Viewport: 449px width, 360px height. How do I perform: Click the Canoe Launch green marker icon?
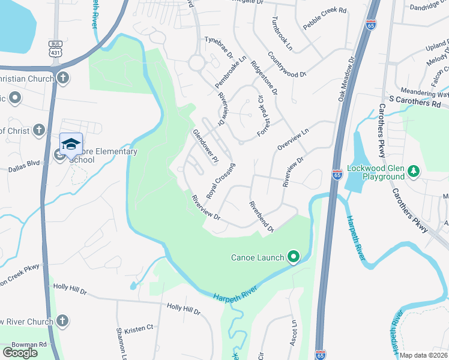click(x=294, y=257)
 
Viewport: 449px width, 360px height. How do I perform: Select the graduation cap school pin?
click(x=71, y=144)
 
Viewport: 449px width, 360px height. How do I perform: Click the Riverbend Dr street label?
click(x=262, y=215)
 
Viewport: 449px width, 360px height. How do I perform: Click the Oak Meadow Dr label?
click(x=346, y=80)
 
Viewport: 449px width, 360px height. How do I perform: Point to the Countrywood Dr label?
click(x=287, y=64)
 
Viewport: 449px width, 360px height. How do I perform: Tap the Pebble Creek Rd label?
click(x=325, y=11)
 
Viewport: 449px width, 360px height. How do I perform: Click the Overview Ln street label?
click(x=292, y=139)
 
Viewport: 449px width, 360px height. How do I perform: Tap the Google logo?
click(x=20, y=352)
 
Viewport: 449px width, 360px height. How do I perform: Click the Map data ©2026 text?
click(x=424, y=355)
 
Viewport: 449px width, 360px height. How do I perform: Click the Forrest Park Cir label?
click(x=262, y=117)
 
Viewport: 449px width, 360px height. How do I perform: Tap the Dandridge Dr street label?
click(x=429, y=8)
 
